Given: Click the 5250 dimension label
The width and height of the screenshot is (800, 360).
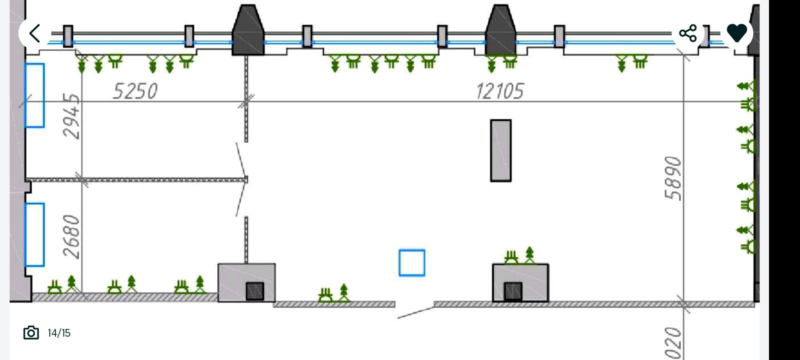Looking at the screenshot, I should [135, 91].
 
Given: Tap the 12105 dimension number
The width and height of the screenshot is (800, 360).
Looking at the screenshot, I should [499, 91].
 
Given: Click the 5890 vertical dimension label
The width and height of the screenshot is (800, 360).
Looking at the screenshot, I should [673, 178].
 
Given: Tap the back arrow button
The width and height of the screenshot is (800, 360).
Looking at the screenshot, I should [34, 33].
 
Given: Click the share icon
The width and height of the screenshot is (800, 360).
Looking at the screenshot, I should [688, 33].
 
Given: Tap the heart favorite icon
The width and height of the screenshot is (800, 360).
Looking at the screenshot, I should [736, 33].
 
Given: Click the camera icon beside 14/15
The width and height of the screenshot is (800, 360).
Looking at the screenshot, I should [31, 332].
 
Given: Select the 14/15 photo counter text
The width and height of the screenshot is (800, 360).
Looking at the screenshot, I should [59, 333].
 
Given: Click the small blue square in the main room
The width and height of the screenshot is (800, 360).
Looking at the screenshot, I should [412, 263].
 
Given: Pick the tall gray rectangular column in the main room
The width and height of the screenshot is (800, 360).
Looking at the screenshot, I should [500, 150].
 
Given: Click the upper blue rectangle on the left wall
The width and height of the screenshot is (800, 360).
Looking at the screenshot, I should [34, 95].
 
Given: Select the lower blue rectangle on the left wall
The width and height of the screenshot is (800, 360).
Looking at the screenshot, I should [34, 234].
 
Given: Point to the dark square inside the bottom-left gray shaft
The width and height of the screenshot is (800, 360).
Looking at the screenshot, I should [254, 291].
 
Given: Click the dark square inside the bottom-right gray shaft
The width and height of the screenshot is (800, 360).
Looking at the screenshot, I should [513, 291].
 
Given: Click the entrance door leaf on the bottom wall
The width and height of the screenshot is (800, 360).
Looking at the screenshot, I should [415, 312].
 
